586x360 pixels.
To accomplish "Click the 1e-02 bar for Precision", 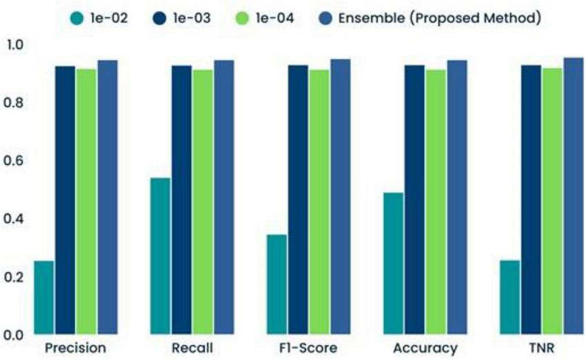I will pyautogui.click(x=43, y=297).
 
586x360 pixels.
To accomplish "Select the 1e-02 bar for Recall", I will pyautogui.click(x=160, y=256).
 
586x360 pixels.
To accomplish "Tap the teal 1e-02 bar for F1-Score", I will pyautogui.click(x=276, y=284).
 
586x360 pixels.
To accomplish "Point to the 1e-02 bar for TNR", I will pyautogui.click(x=509, y=297).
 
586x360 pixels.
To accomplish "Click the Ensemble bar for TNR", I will pyautogui.click(x=574, y=196).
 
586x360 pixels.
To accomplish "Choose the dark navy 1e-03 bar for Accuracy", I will pyautogui.click(x=414, y=199).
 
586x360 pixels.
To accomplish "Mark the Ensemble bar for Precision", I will pyautogui.click(x=108, y=197).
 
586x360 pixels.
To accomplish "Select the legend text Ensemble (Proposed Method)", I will pyautogui.click(x=438, y=19).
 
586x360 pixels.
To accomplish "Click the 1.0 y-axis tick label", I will pyautogui.click(x=14, y=45).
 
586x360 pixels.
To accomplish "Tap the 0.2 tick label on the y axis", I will pyautogui.click(x=14, y=277).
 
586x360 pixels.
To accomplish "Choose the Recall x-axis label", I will pyautogui.click(x=192, y=348).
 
